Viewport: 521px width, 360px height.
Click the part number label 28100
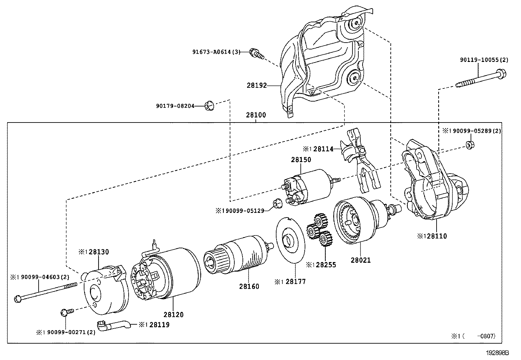[256, 115]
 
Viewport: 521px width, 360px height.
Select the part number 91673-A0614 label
[216, 52]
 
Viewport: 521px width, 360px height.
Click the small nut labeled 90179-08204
[208, 106]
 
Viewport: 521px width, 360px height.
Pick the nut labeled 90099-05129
[277, 204]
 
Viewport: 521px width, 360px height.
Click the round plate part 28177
[290, 240]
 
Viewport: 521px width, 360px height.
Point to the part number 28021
[361, 260]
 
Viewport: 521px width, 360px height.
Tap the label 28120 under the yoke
[173, 314]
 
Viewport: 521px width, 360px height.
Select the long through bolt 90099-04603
[46, 292]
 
